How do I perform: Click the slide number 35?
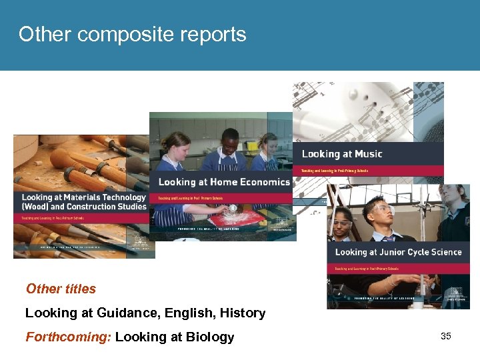446,336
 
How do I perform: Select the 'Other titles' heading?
61,289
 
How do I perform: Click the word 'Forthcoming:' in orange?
68,337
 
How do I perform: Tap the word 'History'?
241,313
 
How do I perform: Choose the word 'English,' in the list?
186,313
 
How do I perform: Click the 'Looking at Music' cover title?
342,154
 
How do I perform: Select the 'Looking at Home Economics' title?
223,181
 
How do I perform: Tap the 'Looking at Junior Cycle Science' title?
398,252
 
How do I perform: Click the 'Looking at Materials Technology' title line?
83,197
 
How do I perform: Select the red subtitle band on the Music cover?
369,171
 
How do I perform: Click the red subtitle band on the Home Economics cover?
223,197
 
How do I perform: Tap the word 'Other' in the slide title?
43,35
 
